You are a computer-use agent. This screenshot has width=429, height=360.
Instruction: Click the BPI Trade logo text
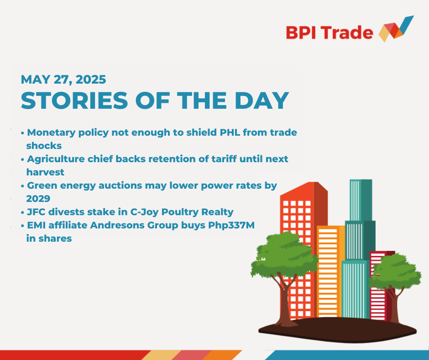pos(330,32)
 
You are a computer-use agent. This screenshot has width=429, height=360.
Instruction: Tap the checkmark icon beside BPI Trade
pos(396,29)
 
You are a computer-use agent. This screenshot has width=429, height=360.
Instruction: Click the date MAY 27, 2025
pos(63,79)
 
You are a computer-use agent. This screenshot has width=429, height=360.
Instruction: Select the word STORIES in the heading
pos(74,101)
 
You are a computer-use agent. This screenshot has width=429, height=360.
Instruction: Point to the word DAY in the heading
pos(262,101)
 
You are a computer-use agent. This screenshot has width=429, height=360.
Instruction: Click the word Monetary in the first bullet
pos(51,132)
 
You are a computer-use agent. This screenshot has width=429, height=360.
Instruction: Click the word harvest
pos(45,172)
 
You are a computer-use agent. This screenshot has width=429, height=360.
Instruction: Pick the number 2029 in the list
pos(38,199)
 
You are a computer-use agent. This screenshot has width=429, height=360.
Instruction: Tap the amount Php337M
pos(231,225)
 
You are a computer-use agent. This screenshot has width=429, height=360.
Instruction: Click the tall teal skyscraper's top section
pos(361,200)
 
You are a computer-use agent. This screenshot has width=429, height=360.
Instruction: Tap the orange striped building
pos(331,271)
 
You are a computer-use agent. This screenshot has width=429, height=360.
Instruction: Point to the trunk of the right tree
pos(394,304)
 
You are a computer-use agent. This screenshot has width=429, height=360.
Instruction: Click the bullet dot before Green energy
pos(22,186)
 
